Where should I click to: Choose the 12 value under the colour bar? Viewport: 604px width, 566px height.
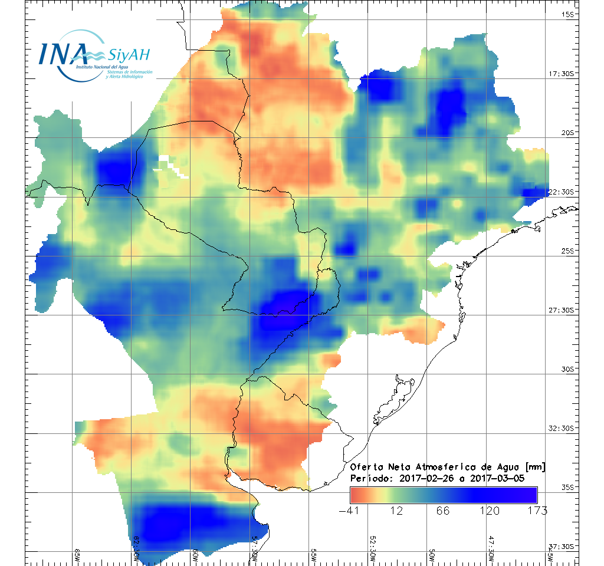coord(396,511)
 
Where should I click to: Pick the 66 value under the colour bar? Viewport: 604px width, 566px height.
coord(443,511)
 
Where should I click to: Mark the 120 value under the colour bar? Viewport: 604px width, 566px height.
coord(490,511)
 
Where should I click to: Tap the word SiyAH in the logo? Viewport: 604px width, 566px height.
coord(129,55)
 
